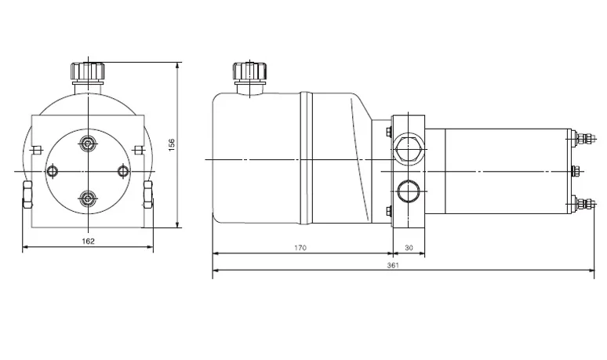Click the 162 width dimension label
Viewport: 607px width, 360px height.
(x=89, y=241)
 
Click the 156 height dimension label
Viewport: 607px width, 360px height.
(x=173, y=145)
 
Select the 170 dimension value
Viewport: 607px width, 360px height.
(x=300, y=248)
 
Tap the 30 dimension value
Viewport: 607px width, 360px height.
(x=409, y=248)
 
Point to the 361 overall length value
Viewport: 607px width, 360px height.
(x=393, y=265)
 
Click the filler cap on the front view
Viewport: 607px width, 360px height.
(x=88, y=71)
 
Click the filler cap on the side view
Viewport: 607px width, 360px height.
(x=250, y=71)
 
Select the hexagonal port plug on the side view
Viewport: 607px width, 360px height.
(x=409, y=150)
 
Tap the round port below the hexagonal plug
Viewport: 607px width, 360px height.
(x=409, y=191)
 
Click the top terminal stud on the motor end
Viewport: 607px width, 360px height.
(x=583, y=139)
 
